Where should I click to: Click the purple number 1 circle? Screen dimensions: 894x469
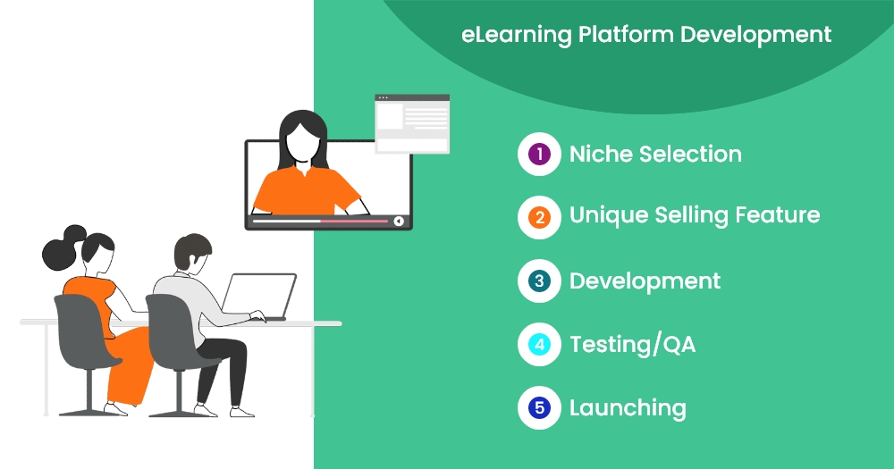539,154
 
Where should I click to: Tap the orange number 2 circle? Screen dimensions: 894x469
539,217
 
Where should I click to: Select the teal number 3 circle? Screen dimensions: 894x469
539,281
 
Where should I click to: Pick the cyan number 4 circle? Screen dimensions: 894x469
539,344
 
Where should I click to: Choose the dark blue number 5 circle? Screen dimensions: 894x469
539,407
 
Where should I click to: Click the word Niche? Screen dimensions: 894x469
601,154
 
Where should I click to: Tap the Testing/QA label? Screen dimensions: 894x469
632,345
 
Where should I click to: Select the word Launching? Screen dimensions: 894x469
628,408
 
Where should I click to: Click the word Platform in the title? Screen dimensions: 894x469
626,34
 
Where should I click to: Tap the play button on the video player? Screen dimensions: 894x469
399,222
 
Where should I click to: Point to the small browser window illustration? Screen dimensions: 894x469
412,124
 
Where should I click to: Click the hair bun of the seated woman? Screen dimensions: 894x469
63,247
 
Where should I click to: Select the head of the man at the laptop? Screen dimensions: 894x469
193,253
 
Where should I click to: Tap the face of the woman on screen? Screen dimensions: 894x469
303,141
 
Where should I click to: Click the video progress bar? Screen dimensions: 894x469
320,222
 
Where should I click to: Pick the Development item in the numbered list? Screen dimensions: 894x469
645,281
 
